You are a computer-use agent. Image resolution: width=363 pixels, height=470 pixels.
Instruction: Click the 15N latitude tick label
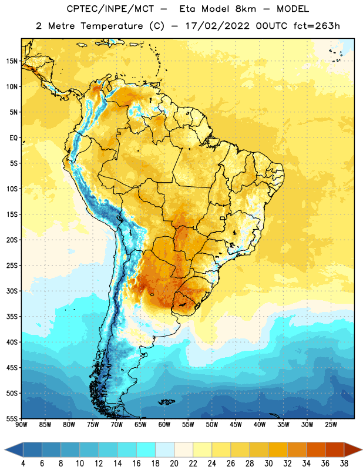tap(12, 61)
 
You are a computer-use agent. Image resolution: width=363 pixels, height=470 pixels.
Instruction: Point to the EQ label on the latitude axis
tap(14, 138)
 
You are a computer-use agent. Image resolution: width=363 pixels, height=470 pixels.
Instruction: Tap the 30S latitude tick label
tap(12, 291)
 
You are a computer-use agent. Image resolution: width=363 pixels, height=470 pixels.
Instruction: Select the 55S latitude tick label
tap(12, 419)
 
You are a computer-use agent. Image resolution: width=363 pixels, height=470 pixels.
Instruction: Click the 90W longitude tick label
tap(21, 424)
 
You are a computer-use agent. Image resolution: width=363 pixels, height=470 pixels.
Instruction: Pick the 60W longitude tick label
tap(164, 424)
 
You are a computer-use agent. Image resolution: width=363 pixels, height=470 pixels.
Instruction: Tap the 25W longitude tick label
tap(331, 424)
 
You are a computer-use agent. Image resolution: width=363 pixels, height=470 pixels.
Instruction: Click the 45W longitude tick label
tap(236, 424)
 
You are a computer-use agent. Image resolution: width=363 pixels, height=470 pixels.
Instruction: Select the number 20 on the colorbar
tap(174, 464)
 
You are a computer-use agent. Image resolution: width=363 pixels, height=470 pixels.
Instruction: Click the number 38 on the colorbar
tap(344, 464)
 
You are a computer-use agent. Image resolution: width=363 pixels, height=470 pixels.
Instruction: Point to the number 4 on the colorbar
tap(23, 464)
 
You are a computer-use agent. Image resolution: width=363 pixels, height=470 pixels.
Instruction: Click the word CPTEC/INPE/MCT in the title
tap(110, 9)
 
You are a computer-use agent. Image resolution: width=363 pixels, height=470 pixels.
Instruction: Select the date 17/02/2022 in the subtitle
tap(217, 26)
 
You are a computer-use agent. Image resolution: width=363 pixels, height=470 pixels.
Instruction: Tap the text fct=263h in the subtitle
tap(317, 26)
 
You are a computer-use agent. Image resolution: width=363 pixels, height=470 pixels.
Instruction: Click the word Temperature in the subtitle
tap(112, 26)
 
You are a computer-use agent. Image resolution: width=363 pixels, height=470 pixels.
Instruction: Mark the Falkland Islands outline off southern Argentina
tap(166, 402)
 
